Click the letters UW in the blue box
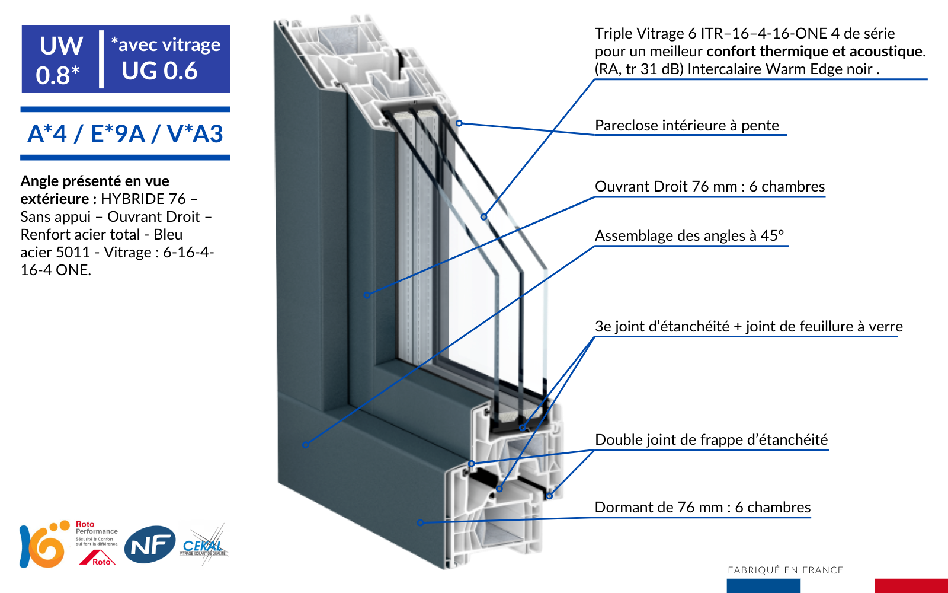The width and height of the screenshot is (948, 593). [x=61, y=46]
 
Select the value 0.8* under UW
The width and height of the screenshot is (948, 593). [x=57, y=75]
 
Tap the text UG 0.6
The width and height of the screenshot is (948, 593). [x=159, y=71]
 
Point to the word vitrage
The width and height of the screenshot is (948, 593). [x=191, y=44]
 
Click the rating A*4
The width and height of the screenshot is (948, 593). [x=47, y=134]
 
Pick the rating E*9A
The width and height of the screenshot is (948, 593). [x=117, y=134]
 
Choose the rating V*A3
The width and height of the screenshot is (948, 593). [x=195, y=134]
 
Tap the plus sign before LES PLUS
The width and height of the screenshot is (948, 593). [x=47, y=186]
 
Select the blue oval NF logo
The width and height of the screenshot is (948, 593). [x=150, y=544]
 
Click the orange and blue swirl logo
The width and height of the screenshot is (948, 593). [x=44, y=544]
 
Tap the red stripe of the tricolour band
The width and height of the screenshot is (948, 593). [x=911, y=585]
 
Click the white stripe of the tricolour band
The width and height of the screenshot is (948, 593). [x=837, y=585]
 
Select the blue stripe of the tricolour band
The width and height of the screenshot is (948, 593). [x=763, y=585]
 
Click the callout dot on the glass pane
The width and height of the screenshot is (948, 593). [x=483, y=217]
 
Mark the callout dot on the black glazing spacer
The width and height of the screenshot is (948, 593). [x=522, y=428]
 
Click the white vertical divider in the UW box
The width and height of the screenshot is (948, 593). [x=101, y=59]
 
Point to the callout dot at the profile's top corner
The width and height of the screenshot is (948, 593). [x=459, y=123]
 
